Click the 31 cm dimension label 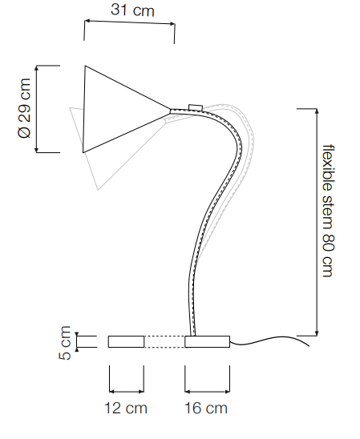[132, 10]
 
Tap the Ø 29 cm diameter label [24, 108]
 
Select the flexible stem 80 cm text [329, 211]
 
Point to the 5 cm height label [65, 343]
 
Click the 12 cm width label [126, 408]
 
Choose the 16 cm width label [206, 408]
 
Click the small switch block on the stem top [196, 107]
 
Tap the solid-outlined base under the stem [208, 341]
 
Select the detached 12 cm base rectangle [127, 341]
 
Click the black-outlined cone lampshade [126, 109]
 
